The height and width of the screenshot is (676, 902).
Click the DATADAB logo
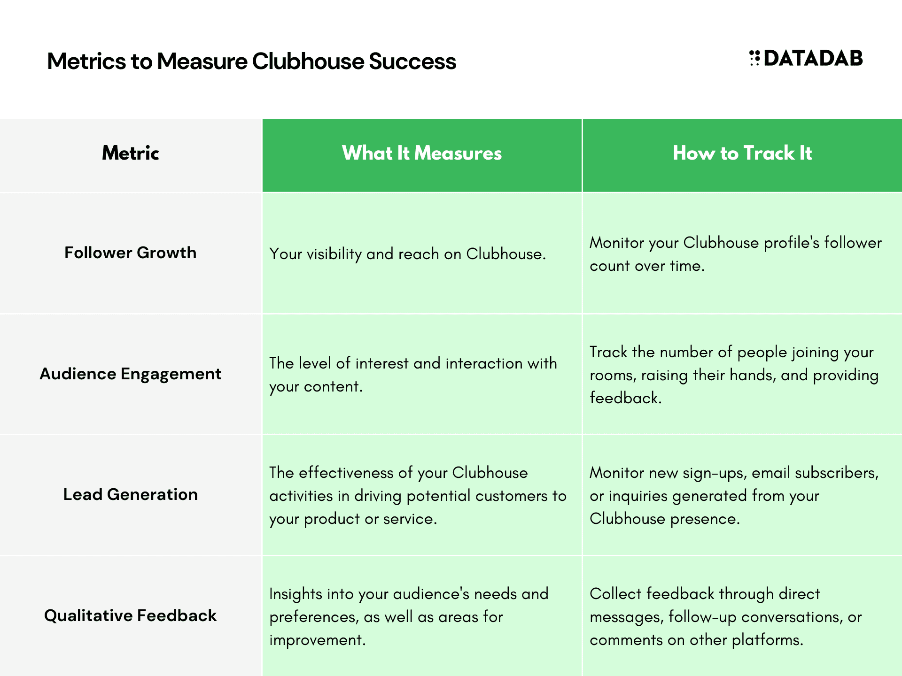806,58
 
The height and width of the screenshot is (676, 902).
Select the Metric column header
131,153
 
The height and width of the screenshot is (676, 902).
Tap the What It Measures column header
422,153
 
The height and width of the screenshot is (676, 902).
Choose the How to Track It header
742,153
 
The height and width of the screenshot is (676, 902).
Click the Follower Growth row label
131,253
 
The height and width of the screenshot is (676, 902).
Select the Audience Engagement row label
131,374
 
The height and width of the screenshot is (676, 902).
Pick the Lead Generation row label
131,494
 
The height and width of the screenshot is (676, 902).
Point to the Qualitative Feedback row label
131,615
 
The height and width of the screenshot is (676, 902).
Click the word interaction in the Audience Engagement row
484,363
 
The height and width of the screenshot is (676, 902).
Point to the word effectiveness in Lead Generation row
346,473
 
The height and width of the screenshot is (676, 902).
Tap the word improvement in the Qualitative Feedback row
317,640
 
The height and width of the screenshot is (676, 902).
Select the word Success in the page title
412,61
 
